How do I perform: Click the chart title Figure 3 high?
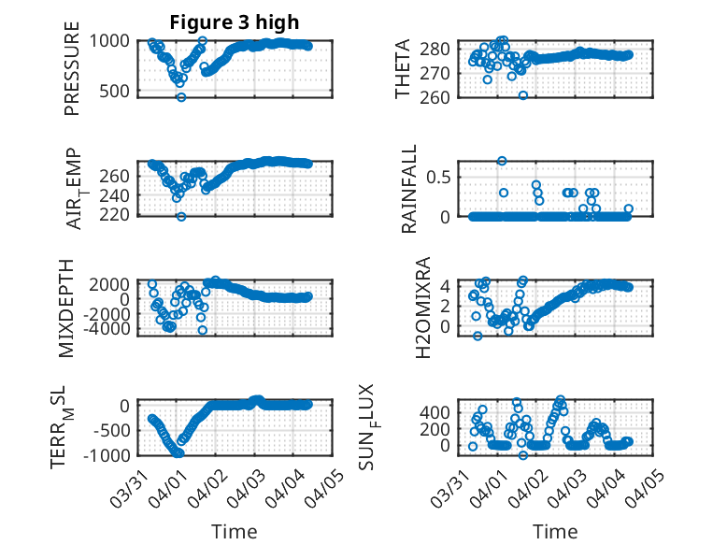(235, 22)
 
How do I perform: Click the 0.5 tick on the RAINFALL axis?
(439, 176)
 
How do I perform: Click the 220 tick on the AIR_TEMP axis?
(115, 215)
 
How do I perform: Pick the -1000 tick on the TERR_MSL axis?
(109, 454)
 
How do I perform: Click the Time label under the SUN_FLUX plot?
(555, 531)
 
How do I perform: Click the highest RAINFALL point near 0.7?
(502, 161)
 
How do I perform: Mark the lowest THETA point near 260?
(523, 95)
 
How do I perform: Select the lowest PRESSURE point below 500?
(181, 97)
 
